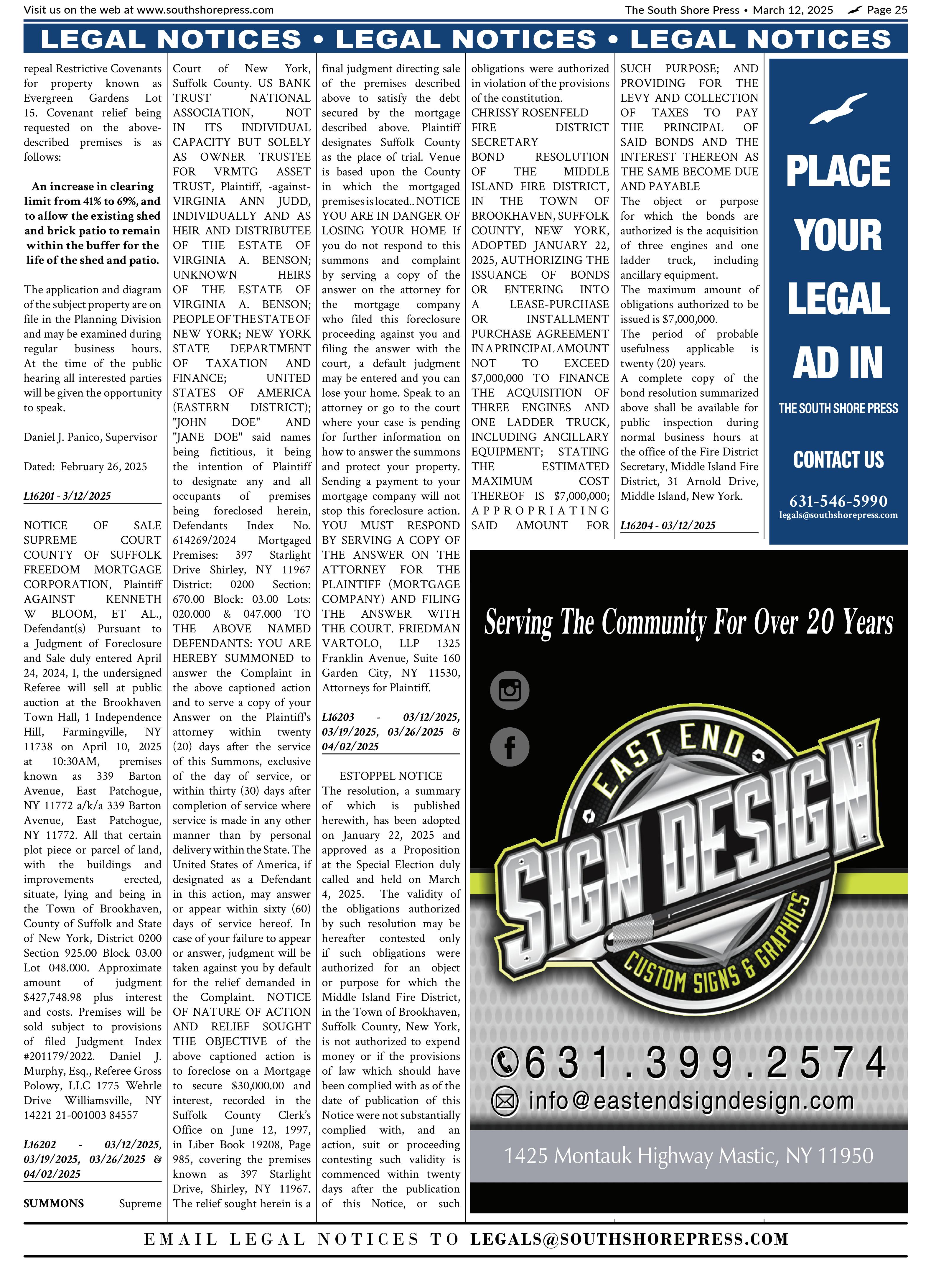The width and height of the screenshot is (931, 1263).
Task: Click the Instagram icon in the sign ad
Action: point(510,690)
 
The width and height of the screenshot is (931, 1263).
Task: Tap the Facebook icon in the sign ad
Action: point(510,747)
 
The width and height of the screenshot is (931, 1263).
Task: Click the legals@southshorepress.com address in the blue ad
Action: point(838,515)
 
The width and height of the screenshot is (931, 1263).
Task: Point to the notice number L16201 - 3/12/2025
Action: point(67,496)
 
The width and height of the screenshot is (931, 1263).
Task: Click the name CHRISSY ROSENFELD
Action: point(529,113)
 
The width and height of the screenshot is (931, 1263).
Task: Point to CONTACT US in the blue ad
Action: point(838,460)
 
